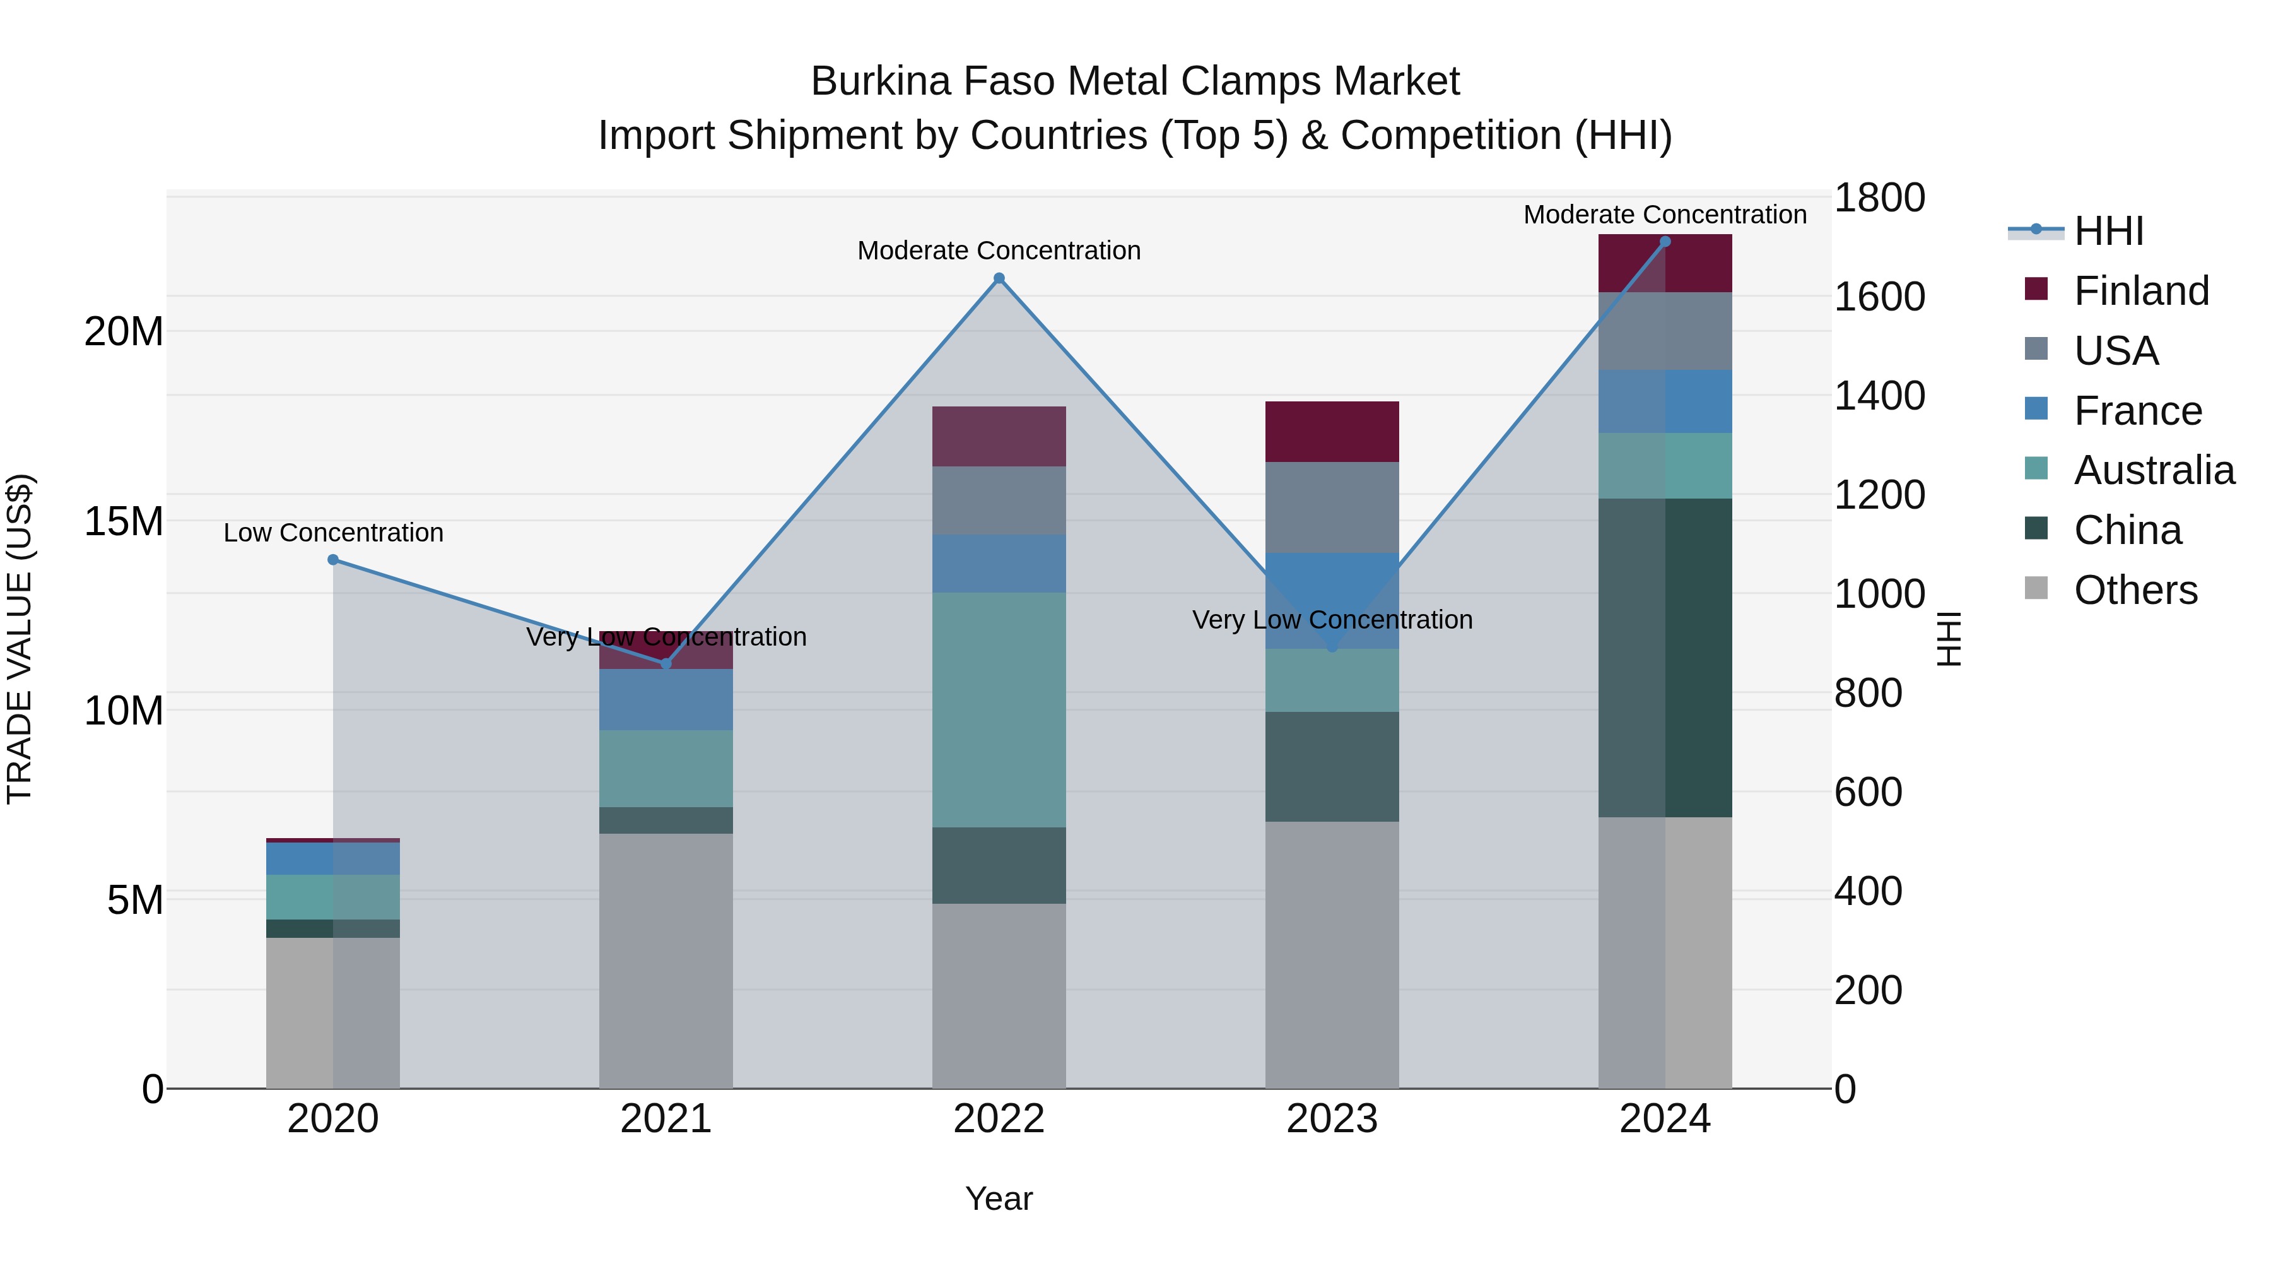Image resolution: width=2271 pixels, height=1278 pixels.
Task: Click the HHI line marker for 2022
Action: coord(999,279)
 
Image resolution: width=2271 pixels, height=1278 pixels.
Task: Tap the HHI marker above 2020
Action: coord(333,560)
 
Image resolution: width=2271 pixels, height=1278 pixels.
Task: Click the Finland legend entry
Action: coord(2140,291)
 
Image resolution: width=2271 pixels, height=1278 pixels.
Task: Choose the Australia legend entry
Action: coord(2153,470)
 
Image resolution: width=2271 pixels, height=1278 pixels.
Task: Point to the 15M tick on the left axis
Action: coord(124,521)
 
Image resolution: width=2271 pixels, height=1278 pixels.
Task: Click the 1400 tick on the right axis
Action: coord(1879,396)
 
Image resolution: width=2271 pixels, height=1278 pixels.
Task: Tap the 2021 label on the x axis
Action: coord(666,1119)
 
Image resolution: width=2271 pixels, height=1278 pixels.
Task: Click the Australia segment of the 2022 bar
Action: coord(999,710)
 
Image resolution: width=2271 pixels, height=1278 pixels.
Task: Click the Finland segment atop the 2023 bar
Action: coord(1332,432)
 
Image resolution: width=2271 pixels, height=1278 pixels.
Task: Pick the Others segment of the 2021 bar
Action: coord(666,961)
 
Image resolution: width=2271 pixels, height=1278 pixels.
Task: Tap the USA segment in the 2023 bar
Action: coord(1332,507)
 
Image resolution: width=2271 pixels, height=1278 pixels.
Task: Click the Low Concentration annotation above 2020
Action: coord(333,533)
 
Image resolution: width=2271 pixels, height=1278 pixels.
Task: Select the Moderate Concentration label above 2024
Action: coord(1665,215)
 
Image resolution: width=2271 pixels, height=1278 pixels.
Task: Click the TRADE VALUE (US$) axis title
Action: coord(20,639)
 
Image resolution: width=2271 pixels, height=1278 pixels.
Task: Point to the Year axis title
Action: coord(999,1198)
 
